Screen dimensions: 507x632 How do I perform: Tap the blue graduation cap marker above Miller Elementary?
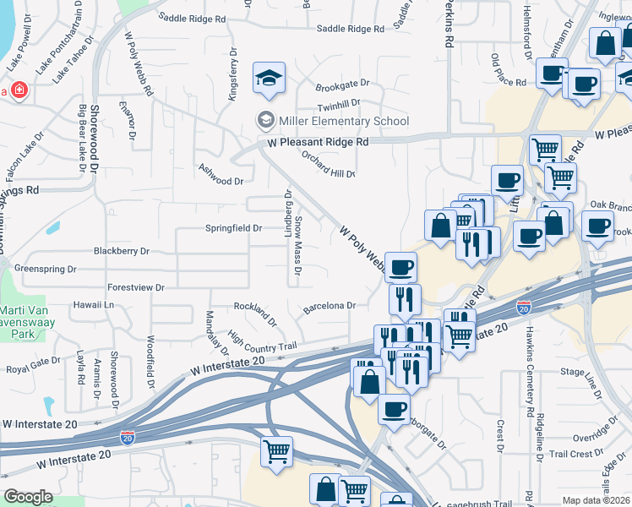270,78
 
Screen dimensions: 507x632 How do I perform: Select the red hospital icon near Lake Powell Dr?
19,90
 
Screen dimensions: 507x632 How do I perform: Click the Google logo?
28,497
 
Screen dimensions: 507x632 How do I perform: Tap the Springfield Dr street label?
233,228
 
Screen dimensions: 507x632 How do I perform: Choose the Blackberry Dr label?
121,251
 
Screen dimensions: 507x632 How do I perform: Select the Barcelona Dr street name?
330,306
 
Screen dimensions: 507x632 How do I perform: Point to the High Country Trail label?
263,343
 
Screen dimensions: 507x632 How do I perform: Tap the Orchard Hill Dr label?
329,163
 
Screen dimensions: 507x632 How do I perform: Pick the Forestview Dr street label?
136,287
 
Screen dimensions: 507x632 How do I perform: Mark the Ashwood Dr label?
220,181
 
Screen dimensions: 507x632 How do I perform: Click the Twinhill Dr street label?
339,103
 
